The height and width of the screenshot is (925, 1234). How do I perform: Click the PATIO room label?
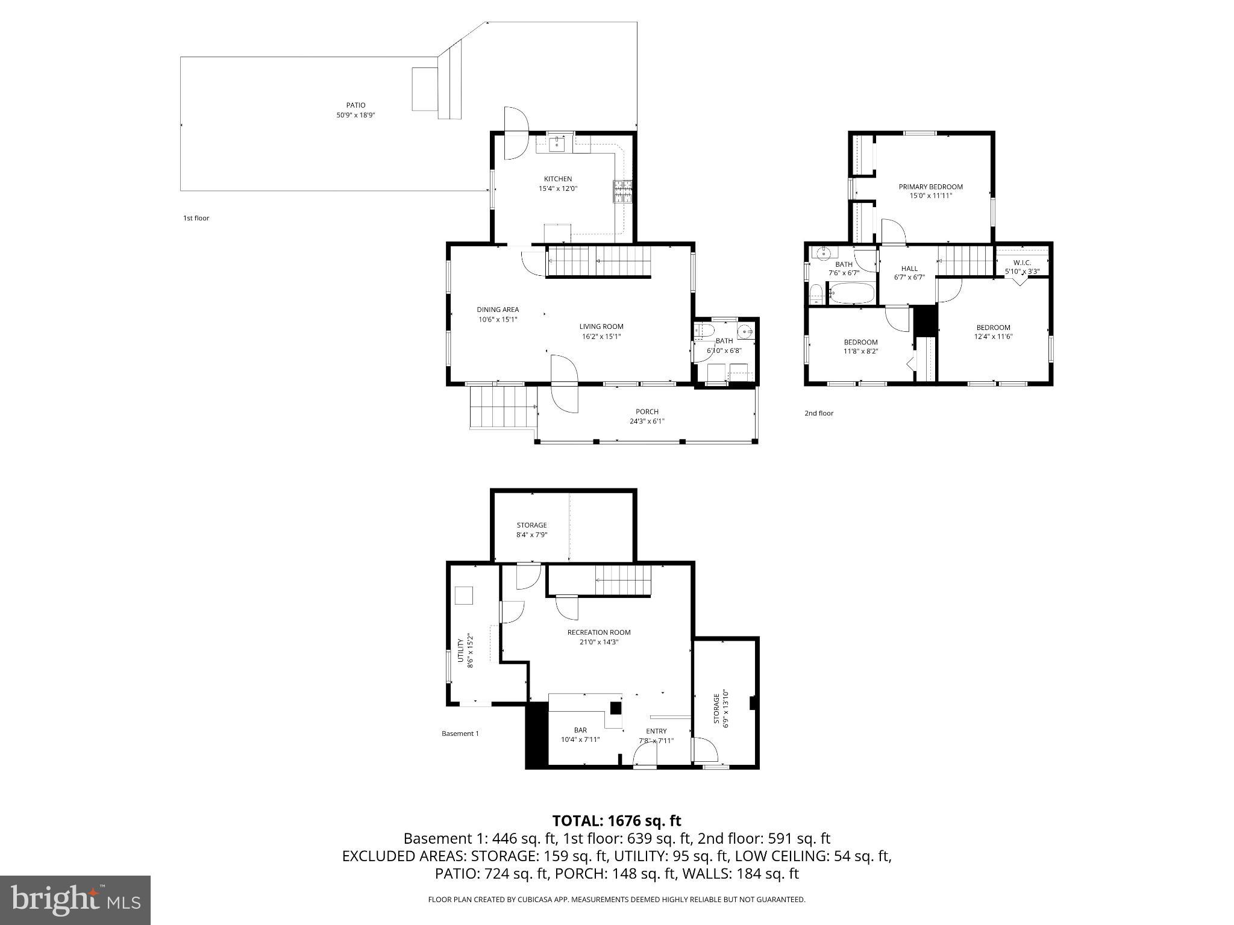(355, 105)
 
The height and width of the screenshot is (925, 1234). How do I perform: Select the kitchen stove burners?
(622, 191)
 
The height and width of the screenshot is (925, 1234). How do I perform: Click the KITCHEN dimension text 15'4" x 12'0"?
(558, 188)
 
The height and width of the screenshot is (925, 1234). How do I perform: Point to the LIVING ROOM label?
(601, 327)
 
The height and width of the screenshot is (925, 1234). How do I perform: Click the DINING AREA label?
(498, 310)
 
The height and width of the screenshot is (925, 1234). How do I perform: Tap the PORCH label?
(647, 412)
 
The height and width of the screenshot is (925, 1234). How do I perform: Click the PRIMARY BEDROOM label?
(930, 187)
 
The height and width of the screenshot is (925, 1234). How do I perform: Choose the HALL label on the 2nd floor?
(909, 269)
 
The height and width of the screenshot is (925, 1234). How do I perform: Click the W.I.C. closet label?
(1022, 263)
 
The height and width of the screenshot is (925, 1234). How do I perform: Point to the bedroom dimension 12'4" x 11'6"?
(993, 337)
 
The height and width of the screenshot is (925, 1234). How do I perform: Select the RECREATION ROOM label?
(598, 632)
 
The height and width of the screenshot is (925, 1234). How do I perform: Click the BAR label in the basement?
(580, 730)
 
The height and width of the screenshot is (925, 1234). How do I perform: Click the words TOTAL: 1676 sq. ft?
(616, 821)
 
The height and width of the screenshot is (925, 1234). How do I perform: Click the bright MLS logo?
(75, 900)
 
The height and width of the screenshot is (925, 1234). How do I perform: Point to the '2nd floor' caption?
(819, 413)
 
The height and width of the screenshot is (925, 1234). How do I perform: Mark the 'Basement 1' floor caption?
(460, 733)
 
